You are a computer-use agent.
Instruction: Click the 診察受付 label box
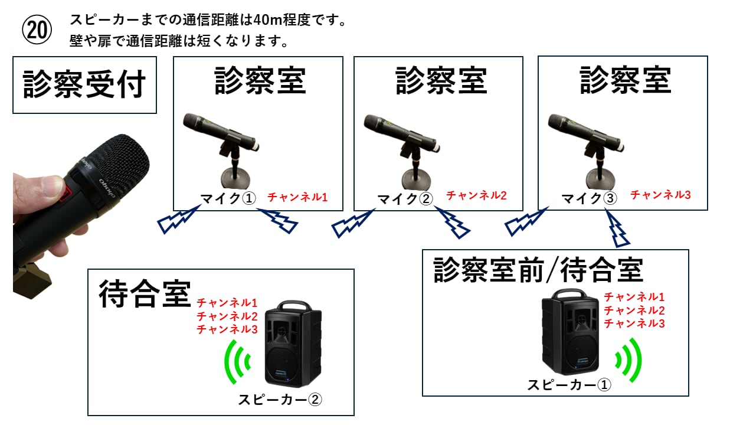(x=84, y=85)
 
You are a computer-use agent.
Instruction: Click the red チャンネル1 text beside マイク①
(x=297, y=197)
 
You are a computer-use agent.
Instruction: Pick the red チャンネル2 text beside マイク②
(x=476, y=195)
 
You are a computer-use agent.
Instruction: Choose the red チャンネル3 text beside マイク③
(x=660, y=195)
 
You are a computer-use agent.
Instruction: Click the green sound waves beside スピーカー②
(x=237, y=360)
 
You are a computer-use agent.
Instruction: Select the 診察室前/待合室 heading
(x=538, y=271)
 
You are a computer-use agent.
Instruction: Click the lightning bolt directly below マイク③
(x=618, y=230)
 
